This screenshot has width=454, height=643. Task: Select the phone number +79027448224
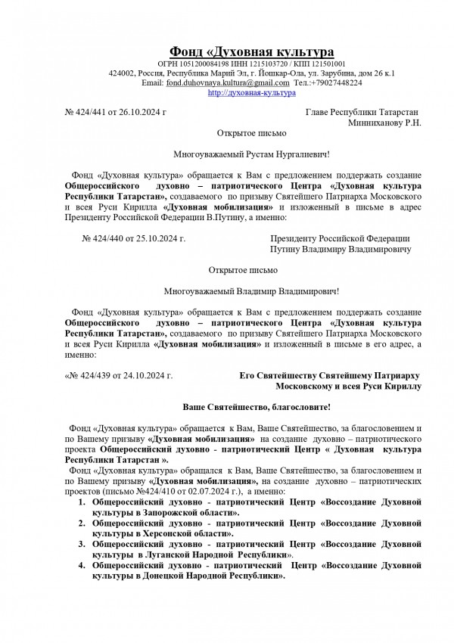(x=336, y=82)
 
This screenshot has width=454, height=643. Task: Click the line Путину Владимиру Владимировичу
(x=340, y=249)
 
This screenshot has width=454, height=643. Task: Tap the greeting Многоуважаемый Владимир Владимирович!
(x=252, y=290)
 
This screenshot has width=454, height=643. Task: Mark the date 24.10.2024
(x=148, y=375)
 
